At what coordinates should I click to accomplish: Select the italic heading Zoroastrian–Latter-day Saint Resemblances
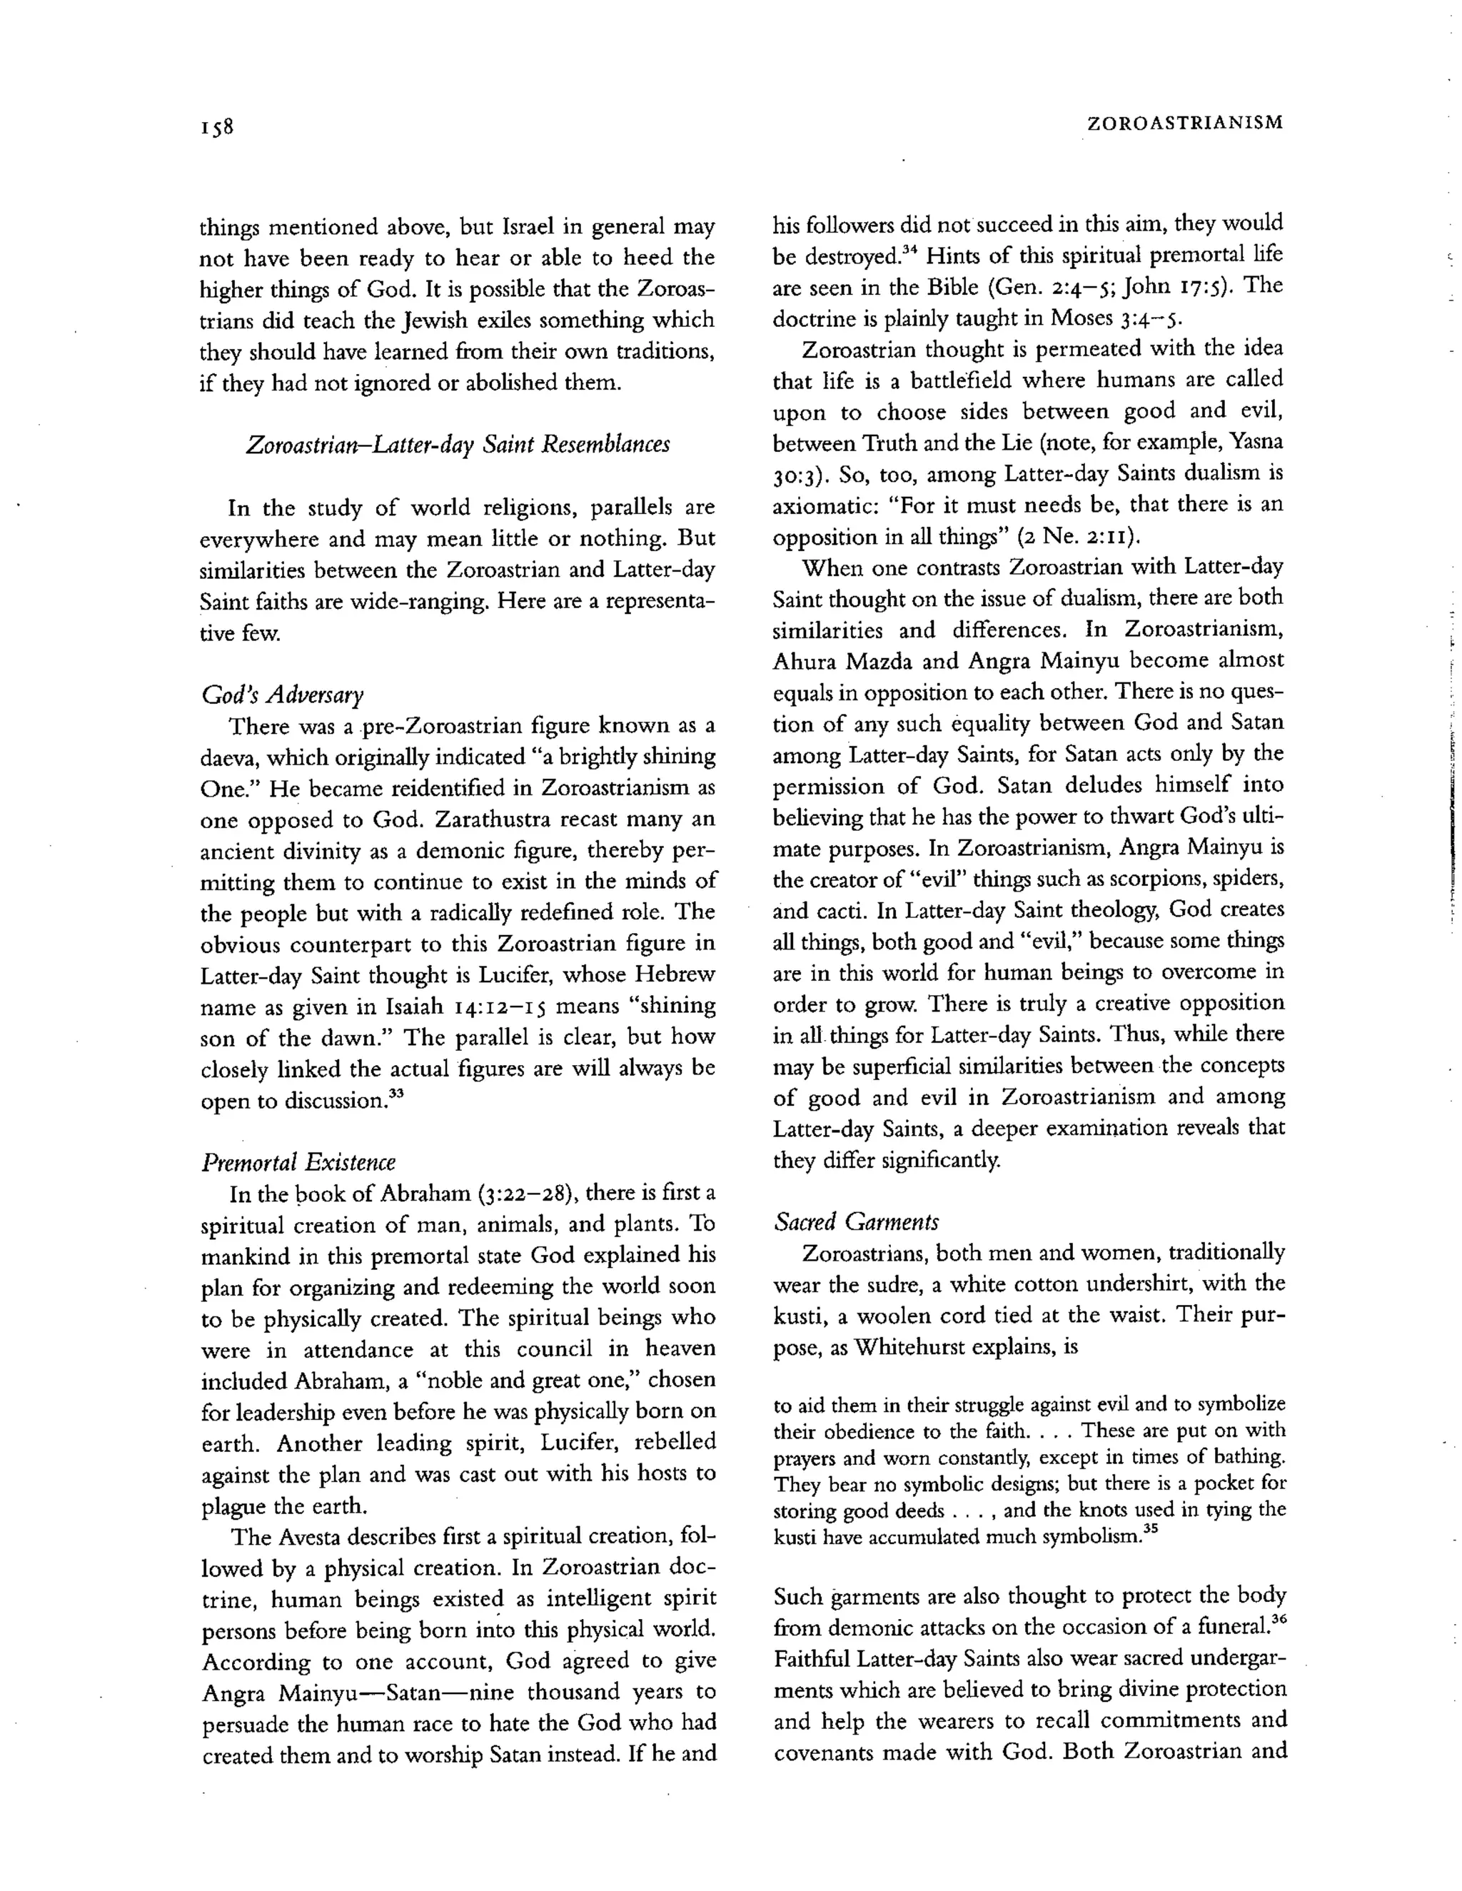458,445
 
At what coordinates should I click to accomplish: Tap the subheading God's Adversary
283,695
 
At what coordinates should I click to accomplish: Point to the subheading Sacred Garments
856,1221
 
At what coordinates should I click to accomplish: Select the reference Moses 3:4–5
1112,318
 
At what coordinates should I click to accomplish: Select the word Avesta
310,1537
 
